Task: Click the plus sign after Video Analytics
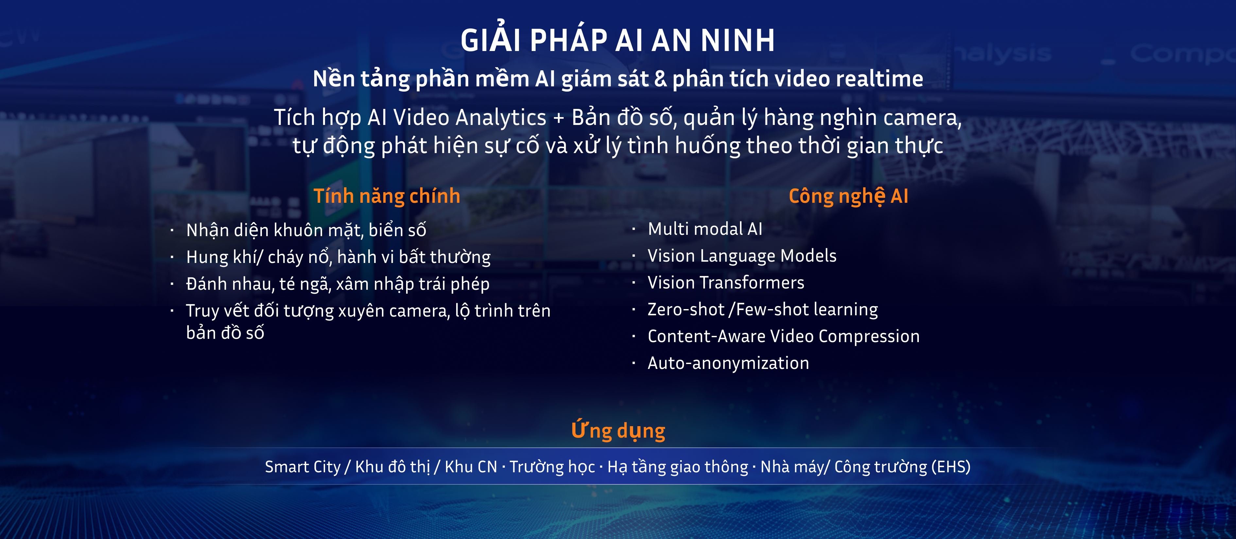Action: pos(558,118)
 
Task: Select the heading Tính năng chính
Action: pos(387,196)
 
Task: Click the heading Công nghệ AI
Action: pos(848,196)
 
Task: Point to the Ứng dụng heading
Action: pos(618,430)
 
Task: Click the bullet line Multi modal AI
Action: pos(705,229)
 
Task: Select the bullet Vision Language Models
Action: pos(742,256)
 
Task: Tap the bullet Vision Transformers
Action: pos(726,283)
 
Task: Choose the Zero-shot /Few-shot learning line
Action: pos(763,310)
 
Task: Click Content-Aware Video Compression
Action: pos(783,337)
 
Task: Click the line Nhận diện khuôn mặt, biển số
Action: pos(306,230)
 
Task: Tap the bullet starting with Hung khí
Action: pos(338,257)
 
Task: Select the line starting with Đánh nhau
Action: pos(338,284)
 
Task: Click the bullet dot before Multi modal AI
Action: pos(634,229)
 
